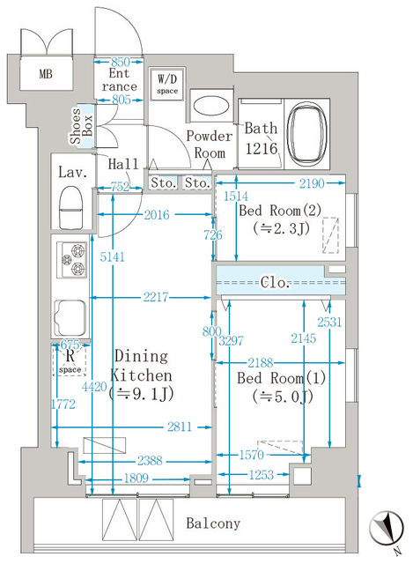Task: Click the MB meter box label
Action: (x=46, y=74)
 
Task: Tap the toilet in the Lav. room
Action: (x=70, y=208)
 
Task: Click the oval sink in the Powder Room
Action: (x=211, y=106)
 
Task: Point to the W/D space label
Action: (x=167, y=84)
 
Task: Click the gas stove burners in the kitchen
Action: (x=72, y=259)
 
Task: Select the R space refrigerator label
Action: (x=70, y=360)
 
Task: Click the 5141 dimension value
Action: (x=112, y=256)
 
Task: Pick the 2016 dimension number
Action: (x=157, y=215)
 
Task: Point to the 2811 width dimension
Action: (x=180, y=427)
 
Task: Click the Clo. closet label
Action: (x=275, y=282)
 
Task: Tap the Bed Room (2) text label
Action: (x=280, y=211)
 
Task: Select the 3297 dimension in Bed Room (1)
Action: (x=231, y=340)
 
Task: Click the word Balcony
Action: (x=213, y=523)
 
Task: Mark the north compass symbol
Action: (x=387, y=529)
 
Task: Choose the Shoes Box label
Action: (x=81, y=126)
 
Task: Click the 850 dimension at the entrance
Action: (x=121, y=62)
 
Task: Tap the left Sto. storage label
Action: (x=164, y=182)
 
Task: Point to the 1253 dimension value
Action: (x=262, y=475)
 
